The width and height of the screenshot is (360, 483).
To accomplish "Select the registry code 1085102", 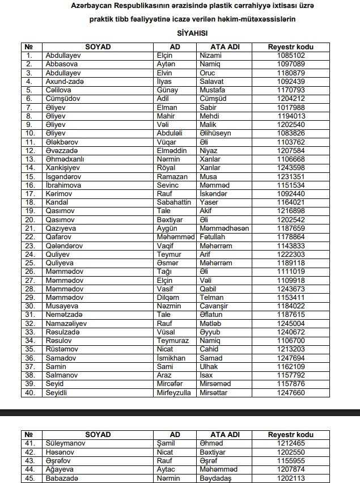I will pyautogui.click(x=291, y=56).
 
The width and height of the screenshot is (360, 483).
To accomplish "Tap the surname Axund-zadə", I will pyautogui.click(x=64, y=81).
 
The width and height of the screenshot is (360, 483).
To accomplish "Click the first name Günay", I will pyautogui.click(x=167, y=90).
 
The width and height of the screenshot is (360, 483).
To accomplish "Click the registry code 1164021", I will pyautogui.click(x=291, y=202).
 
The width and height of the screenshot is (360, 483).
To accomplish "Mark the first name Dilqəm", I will pyautogui.click(x=167, y=297).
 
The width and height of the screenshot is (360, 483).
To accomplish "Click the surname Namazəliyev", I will pyautogui.click(x=67, y=323).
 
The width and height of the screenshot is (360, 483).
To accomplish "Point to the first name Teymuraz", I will pyautogui.click(x=172, y=340).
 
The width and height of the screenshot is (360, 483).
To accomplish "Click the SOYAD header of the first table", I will pyautogui.click(x=98, y=46).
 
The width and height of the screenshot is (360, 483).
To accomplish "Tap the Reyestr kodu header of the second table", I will pyautogui.click(x=291, y=435).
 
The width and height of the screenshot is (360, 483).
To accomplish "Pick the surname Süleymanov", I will pyautogui.click(x=65, y=443).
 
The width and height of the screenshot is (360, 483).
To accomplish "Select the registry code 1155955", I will pyautogui.click(x=291, y=460).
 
